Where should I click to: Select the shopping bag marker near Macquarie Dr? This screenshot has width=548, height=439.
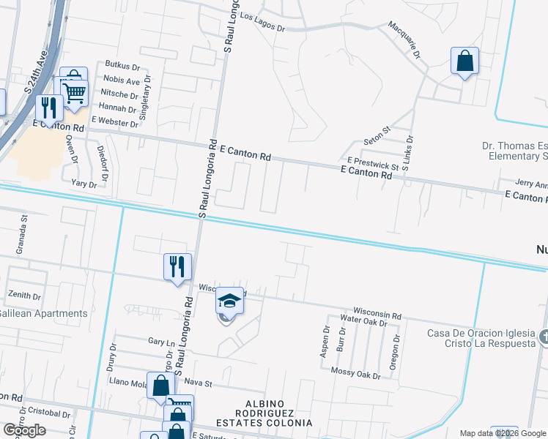pos(465,61)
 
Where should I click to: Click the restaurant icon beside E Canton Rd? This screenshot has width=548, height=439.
pos(49,108)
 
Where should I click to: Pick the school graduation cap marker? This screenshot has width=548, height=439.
pos(229,301)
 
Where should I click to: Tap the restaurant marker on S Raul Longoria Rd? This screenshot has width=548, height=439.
pos(177,267)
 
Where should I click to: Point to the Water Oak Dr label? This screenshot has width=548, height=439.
pos(363,320)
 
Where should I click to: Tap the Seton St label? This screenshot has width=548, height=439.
pos(378,140)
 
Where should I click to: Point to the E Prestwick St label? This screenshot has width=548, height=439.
pos(373,163)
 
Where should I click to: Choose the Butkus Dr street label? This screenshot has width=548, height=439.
pos(122,66)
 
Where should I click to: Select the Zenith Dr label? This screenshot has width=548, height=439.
pos(24,295)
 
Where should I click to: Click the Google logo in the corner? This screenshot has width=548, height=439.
pos(24,430)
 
